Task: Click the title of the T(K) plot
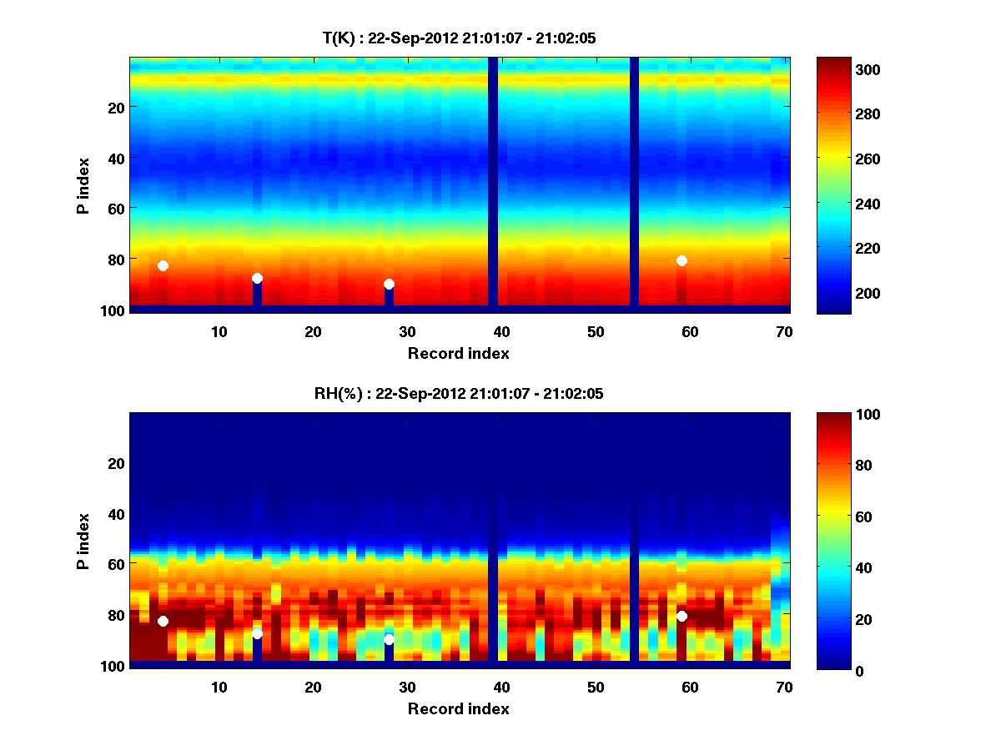459,38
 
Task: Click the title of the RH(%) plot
459,394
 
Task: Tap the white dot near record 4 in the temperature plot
163,265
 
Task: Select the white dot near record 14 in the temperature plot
257,278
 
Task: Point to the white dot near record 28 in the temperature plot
389,284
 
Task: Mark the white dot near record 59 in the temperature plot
682,260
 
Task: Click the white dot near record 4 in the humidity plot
163,621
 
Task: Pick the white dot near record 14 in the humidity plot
257,633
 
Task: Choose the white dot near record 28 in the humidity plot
389,639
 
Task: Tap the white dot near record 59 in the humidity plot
682,616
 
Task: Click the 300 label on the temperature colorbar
840,69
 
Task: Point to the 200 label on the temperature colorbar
840,294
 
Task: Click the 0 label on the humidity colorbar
832,670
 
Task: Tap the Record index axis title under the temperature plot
459,353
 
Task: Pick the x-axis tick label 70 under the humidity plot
784,688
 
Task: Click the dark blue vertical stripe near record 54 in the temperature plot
634,182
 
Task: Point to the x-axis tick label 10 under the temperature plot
219,332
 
